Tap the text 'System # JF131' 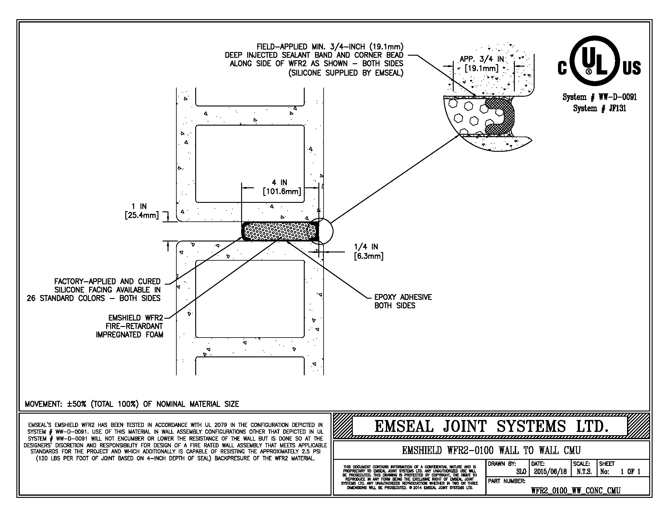click(599, 109)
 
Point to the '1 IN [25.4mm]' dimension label click(141, 211)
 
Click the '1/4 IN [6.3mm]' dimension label click(369, 251)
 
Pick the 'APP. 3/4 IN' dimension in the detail click(482, 64)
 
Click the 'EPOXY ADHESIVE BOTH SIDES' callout click(403, 301)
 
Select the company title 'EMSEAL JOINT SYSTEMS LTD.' click(491, 426)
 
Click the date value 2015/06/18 click(550, 472)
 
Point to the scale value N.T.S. click(584, 472)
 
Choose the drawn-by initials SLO click(521, 472)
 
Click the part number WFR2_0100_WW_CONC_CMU click(575, 491)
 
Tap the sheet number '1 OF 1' click(630, 472)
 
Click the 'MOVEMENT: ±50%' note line click(132, 404)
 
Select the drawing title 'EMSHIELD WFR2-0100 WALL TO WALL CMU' click(491, 450)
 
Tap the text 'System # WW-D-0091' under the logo click(599, 97)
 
